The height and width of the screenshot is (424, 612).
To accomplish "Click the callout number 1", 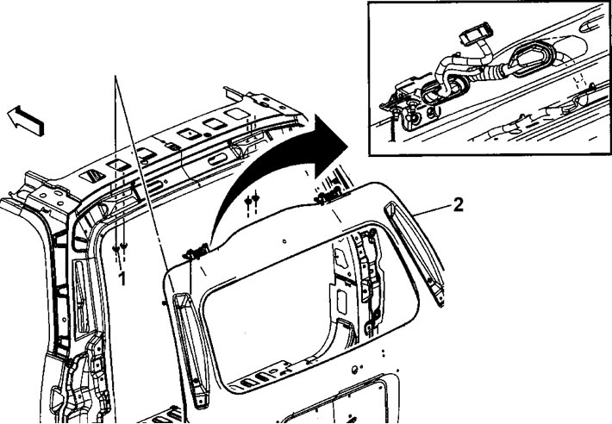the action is click(x=122, y=278).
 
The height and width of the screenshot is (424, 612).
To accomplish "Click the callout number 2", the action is click(x=458, y=205).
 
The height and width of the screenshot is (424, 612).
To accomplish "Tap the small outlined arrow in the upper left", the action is click(x=26, y=121).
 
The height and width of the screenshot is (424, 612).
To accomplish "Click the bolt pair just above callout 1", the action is click(x=120, y=246).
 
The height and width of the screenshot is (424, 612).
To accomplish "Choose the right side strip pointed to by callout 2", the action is click(x=415, y=253).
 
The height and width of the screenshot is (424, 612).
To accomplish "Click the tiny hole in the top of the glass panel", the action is click(x=284, y=241).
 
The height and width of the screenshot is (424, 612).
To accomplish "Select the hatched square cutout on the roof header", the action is click(x=92, y=177).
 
